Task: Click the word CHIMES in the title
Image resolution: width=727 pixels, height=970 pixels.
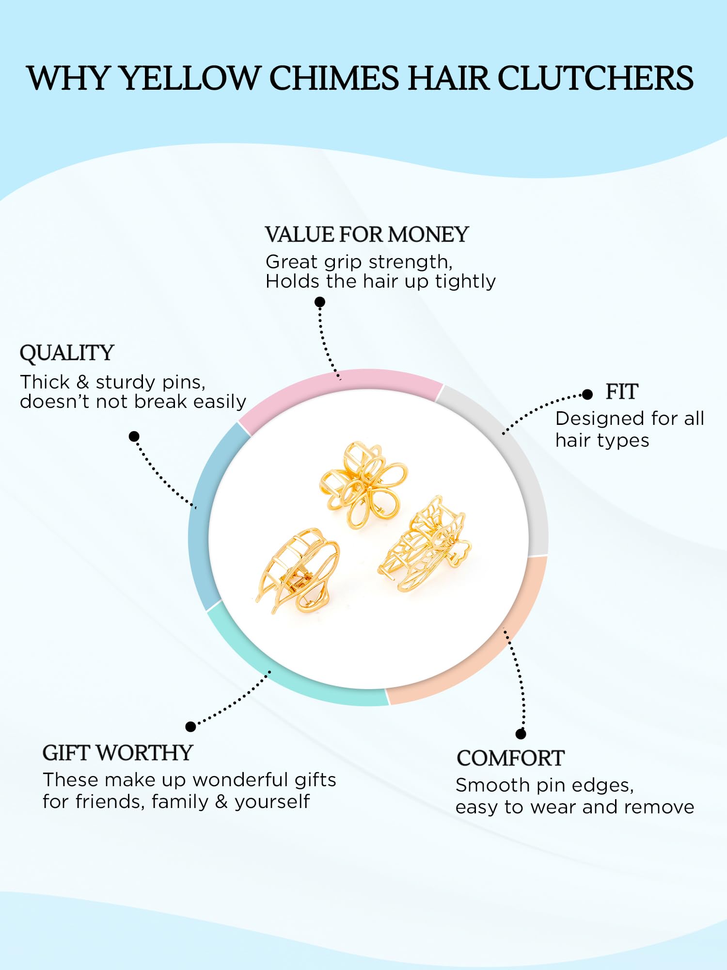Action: (334, 78)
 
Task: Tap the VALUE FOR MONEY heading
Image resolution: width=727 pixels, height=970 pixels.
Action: (367, 235)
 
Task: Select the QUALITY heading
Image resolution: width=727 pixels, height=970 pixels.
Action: (67, 353)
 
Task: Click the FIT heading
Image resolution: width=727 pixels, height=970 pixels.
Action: (622, 391)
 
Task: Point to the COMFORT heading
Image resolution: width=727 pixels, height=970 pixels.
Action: (510, 758)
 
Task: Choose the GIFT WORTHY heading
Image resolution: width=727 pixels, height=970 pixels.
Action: (118, 753)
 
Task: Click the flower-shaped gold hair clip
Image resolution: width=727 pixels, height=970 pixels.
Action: (363, 484)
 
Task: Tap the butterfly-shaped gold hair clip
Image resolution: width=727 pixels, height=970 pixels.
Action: (425, 543)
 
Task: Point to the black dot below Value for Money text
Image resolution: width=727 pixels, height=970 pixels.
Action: (320, 302)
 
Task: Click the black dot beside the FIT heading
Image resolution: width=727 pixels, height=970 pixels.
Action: (587, 394)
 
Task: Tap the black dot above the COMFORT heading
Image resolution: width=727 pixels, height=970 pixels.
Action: (521, 734)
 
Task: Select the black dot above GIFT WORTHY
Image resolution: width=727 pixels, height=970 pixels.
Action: (191, 727)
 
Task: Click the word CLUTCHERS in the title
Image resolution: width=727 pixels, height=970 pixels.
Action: (596, 78)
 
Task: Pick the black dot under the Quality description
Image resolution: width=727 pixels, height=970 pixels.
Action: (134, 436)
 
